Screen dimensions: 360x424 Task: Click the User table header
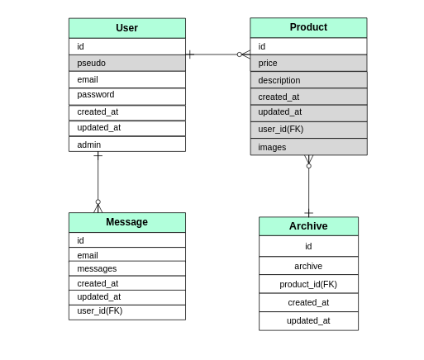click(x=126, y=28)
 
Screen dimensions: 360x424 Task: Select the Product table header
click(x=308, y=27)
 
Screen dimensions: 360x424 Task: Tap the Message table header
click(x=126, y=222)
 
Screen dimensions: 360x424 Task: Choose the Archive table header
click(x=308, y=226)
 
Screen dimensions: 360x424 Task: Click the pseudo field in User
click(x=126, y=63)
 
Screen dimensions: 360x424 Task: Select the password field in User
click(x=126, y=95)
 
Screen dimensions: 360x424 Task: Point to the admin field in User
click(x=126, y=144)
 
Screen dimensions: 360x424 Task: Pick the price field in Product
click(x=308, y=63)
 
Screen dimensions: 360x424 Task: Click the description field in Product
click(x=308, y=80)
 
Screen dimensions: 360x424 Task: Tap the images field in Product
click(x=308, y=147)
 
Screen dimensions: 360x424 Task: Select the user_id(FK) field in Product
click(x=308, y=129)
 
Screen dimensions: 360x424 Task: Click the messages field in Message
click(x=126, y=268)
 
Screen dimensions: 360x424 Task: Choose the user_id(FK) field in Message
click(x=126, y=311)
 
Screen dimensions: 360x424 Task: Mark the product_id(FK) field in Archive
click(x=308, y=284)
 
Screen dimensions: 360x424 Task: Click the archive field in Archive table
click(x=308, y=266)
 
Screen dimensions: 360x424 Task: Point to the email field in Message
click(x=126, y=255)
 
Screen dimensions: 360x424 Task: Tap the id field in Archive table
click(x=308, y=246)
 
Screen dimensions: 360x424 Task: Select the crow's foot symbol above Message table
click(x=98, y=206)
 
